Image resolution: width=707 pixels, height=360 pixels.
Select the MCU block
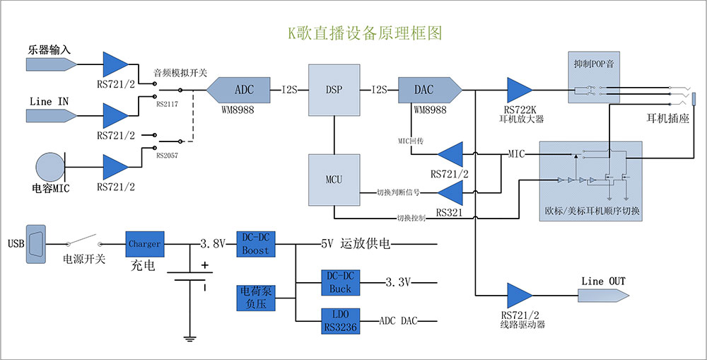point(334,180)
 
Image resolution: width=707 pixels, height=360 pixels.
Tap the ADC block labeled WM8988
point(239,90)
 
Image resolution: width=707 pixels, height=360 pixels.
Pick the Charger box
point(145,244)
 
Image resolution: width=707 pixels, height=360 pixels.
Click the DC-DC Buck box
point(340,283)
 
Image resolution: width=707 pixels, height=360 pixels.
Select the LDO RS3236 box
point(340,320)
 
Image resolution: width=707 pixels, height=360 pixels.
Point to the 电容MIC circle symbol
point(49,168)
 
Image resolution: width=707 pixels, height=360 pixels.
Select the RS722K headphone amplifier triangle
point(520,90)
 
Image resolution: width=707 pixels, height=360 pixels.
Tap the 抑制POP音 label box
point(595,64)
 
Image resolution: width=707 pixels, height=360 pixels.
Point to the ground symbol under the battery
point(189,338)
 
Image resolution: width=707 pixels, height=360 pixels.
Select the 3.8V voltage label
point(213,244)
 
